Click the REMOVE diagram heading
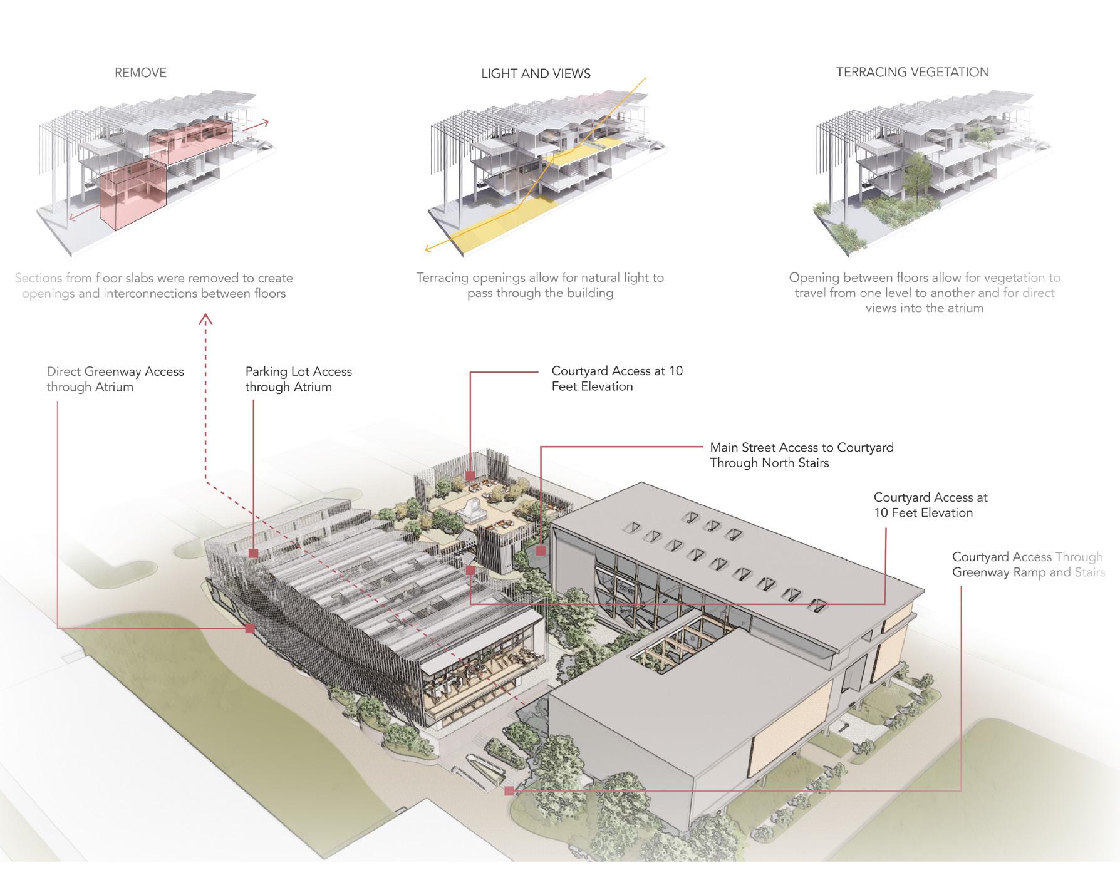(x=140, y=73)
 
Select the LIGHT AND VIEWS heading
(x=536, y=74)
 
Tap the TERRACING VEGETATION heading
(x=912, y=72)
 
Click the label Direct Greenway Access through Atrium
(x=115, y=379)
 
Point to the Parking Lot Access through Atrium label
(x=298, y=379)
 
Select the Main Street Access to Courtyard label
(x=801, y=455)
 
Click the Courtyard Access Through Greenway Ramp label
(x=1027, y=564)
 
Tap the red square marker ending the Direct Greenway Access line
(x=250, y=628)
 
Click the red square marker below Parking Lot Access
(x=254, y=553)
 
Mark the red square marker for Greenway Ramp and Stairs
(x=509, y=791)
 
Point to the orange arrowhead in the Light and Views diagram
(x=428, y=249)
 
